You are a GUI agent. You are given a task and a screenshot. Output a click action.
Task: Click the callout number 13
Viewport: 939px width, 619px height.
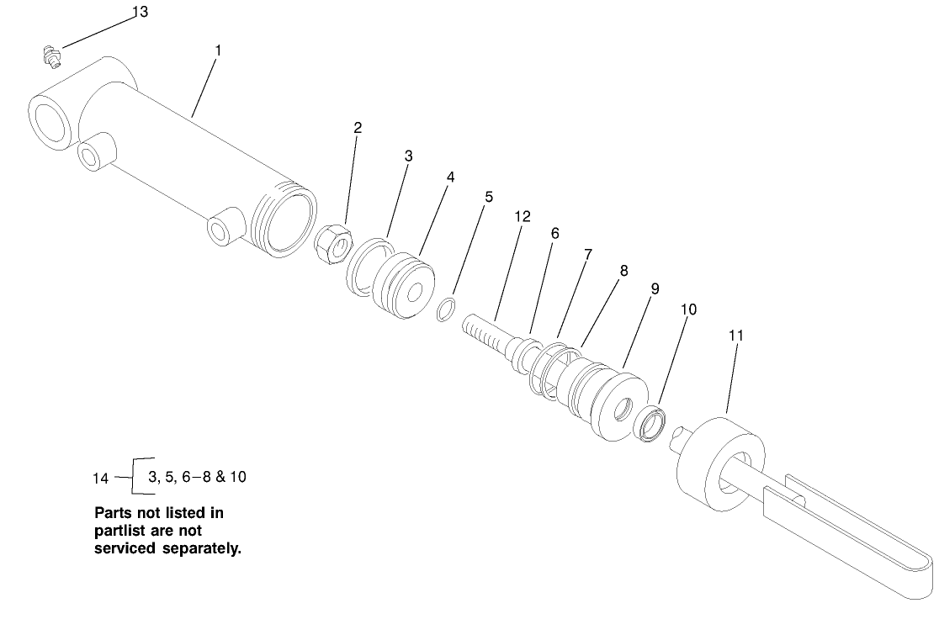point(140,12)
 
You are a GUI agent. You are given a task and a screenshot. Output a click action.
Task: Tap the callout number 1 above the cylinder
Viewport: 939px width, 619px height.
point(218,50)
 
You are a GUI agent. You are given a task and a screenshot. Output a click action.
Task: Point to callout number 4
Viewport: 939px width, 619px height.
point(451,177)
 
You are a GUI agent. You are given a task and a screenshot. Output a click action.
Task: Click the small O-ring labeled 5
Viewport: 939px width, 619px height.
point(447,309)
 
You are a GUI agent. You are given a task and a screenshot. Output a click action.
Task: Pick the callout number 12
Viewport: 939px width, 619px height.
point(523,216)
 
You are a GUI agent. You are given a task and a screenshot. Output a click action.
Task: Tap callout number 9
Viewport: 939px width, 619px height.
point(655,288)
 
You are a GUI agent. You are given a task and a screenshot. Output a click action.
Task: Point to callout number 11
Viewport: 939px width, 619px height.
point(736,335)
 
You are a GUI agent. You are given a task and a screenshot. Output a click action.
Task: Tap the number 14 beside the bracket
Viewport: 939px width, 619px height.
point(101,479)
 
